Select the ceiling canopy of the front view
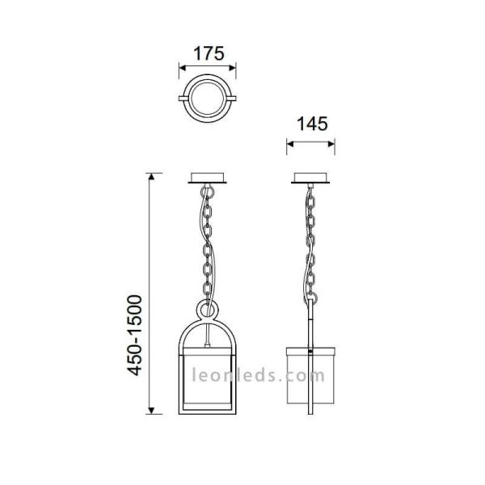click(208, 179)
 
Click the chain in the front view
click(208, 242)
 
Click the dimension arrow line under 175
click(208, 70)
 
